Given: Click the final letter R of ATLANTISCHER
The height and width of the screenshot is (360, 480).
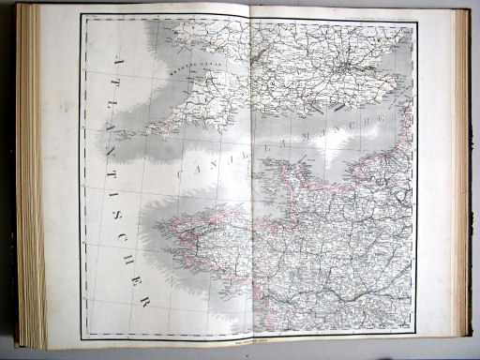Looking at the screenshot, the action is pyautogui.click(x=143, y=302).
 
